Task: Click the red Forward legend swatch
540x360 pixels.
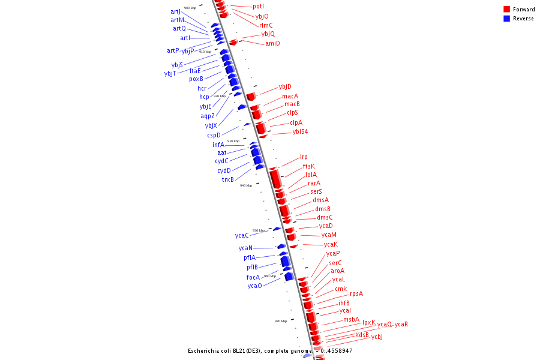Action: click(506, 9)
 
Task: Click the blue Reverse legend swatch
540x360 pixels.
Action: click(506, 19)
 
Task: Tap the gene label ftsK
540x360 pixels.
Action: click(308, 166)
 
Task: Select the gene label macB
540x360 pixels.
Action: click(292, 104)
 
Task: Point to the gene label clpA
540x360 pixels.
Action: click(296, 122)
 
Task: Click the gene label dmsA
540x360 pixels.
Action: click(320, 200)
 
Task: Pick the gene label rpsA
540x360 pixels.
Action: click(356, 294)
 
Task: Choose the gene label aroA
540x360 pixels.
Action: click(337, 271)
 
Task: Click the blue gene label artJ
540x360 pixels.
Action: click(175, 12)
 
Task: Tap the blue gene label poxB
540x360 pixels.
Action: click(196, 79)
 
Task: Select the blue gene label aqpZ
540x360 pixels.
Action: click(208, 116)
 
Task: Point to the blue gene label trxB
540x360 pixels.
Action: click(228, 179)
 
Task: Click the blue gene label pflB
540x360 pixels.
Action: click(252, 268)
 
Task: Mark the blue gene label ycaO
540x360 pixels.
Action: click(254, 286)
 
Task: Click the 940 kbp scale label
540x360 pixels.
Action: click(246, 185)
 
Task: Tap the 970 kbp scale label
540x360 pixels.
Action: click(281, 321)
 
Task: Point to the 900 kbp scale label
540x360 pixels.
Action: click(190, 8)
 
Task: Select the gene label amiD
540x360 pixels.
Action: click(272, 43)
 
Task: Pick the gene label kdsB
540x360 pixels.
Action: click(362, 335)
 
